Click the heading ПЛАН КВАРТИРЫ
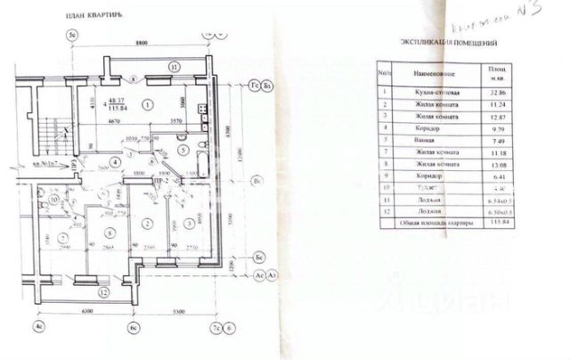(101, 16)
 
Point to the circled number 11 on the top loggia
(175, 67)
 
